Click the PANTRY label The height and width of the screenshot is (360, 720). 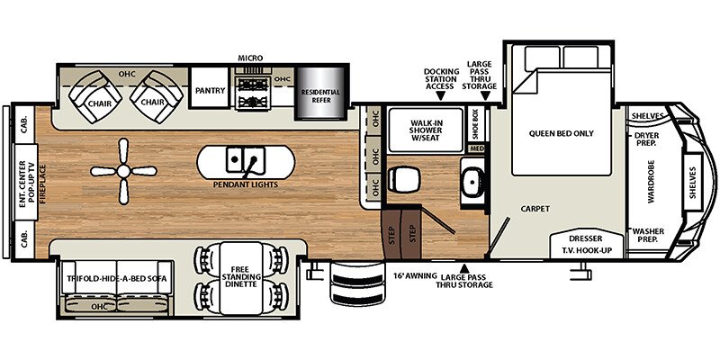tap(210, 91)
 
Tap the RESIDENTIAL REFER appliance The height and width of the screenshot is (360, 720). tap(320, 94)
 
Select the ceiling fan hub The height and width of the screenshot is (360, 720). tap(123, 171)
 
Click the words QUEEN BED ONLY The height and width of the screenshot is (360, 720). tap(561, 133)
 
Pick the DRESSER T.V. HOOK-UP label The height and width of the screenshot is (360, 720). tap(586, 245)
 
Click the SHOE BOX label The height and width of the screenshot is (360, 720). tap(475, 123)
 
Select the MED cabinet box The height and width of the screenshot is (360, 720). tap(475, 148)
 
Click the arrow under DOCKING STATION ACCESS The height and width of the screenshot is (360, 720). tap(441, 95)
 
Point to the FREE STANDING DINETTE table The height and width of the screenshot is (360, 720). tap(241, 278)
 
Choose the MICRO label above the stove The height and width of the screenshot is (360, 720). tap(250, 58)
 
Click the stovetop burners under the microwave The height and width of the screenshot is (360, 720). tap(252, 93)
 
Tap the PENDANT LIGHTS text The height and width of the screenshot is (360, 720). tap(246, 184)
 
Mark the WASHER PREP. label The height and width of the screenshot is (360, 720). tap(648, 235)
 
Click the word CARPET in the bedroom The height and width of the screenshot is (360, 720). tap(535, 209)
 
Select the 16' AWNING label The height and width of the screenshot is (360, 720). tap(415, 276)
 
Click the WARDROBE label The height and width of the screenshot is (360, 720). tap(651, 182)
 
